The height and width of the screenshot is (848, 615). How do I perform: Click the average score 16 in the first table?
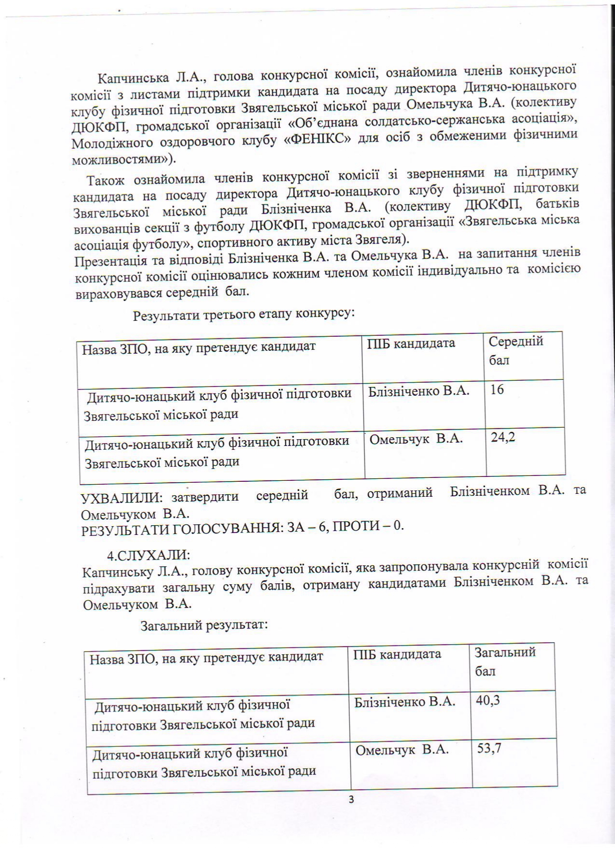[x=497, y=390]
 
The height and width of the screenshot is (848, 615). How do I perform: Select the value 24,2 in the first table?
[x=503, y=437]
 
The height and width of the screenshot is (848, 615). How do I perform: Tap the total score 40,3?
[x=488, y=700]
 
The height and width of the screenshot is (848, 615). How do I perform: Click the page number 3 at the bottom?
[x=351, y=813]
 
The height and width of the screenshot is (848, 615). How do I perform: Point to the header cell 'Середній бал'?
[x=516, y=351]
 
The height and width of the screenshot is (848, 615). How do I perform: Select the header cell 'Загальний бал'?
[x=505, y=661]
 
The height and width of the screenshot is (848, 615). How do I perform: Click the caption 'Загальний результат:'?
[x=204, y=625]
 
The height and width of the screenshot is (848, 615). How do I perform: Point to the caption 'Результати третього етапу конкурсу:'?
[x=244, y=315]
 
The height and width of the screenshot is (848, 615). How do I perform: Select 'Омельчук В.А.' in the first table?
[x=416, y=439]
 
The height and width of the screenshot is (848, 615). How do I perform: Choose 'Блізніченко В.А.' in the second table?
[x=405, y=702]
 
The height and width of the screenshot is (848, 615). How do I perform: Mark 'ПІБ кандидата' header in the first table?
[x=411, y=344]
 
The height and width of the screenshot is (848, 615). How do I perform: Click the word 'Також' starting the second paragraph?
[x=106, y=180]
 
